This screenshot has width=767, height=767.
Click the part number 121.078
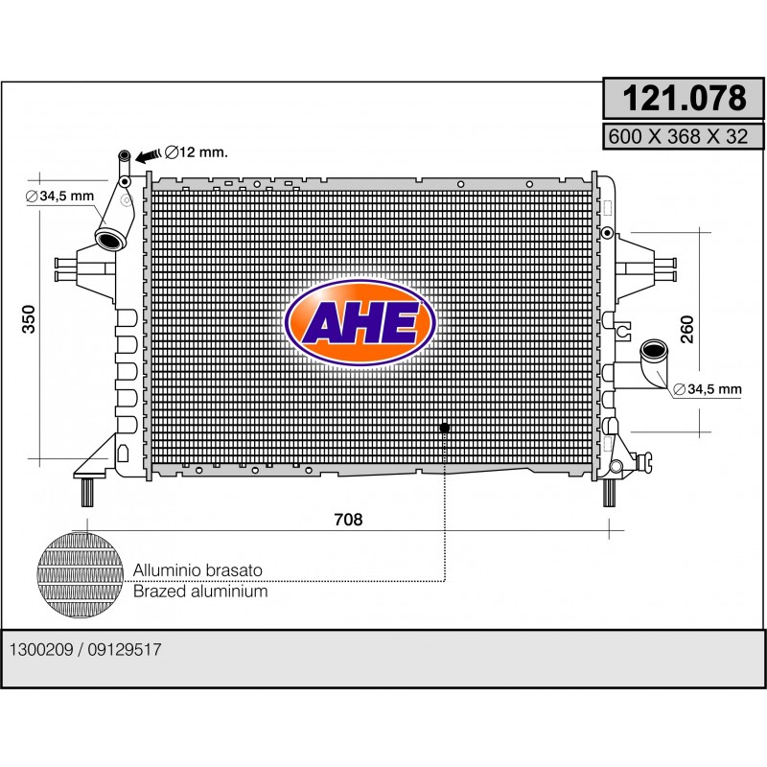pyautogui.click(x=684, y=99)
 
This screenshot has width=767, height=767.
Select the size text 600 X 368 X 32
pyautogui.click(x=678, y=136)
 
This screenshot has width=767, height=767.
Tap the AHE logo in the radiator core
pyautogui.click(x=360, y=322)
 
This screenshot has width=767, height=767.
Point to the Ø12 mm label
pyautogui.click(x=197, y=152)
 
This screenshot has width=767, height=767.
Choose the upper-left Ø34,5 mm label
pyautogui.click(x=59, y=197)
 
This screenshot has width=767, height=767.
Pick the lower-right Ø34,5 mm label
pyautogui.click(x=708, y=389)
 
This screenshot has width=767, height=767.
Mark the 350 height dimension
pyautogui.click(x=29, y=319)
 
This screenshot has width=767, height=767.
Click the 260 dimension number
pyautogui.click(x=687, y=329)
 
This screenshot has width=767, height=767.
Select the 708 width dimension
pyautogui.click(x=348, y=520)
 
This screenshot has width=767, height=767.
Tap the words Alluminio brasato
pyautogui.click(x=198, y=570)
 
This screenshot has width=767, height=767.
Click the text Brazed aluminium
pyautogui.click(x=200, y=592)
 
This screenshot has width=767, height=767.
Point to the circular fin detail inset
pyautogui.click(x=80, y=575)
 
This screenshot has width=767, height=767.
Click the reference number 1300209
pyautogui.click(x=41, y=650)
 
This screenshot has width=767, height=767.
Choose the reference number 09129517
pyautogui.click(x=125, y=650)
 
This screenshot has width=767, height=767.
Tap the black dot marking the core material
pyautogui.click(x=445, y=428)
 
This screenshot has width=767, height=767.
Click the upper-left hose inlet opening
pyautogui.click(x=110, y=240)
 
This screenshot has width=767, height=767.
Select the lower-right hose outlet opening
pyautogui.click(x=654, y=349)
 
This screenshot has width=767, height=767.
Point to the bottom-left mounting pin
pyautogui.click(x=87, y=492)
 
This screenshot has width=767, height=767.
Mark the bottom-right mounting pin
pyautogui.click(x=609, y=492)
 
